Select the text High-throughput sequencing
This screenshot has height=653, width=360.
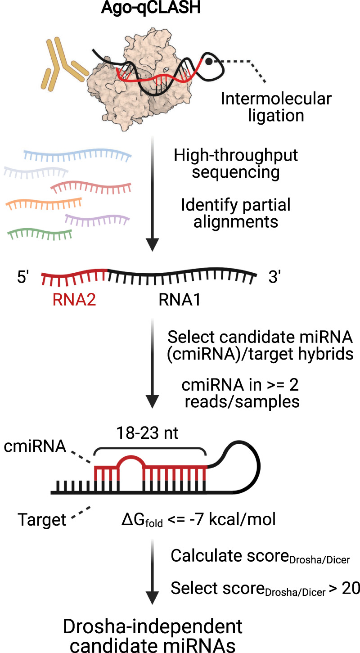click(236, 164)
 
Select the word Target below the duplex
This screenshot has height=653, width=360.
click(42, 520)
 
